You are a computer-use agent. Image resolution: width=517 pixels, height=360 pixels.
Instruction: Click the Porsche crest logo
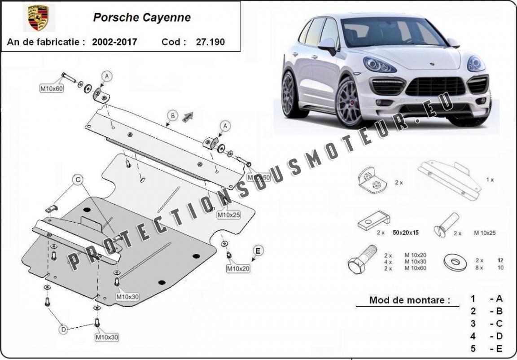tap(38, 18)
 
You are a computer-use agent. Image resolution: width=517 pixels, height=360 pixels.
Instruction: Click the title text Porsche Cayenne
tap(142, 18)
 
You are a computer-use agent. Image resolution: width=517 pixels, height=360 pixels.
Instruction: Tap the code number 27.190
tap(210, 42)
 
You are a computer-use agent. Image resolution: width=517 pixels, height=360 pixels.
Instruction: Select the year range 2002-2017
tap(114, 42)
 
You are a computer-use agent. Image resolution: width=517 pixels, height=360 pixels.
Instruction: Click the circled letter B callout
tap(172, 115)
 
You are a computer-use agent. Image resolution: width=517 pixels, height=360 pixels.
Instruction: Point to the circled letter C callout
tap(78, 180)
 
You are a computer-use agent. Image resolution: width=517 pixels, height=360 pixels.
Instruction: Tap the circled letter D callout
tap(64, 330)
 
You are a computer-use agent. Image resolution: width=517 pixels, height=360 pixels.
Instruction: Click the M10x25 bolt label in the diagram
tap(229, 215)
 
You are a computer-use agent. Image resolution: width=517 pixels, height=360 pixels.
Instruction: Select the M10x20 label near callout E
tap(238, 268)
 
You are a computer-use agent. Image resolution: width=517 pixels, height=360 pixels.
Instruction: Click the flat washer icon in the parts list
tap(455, 262)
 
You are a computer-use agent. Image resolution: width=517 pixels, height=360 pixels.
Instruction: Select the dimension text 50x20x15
tap(405, 233)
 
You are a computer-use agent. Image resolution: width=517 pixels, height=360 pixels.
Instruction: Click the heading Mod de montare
tap(409, 300)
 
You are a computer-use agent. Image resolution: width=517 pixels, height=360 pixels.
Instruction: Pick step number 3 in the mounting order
tap(473, 324)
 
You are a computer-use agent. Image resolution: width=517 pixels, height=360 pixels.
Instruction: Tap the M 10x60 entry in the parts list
tap(415, 268)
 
